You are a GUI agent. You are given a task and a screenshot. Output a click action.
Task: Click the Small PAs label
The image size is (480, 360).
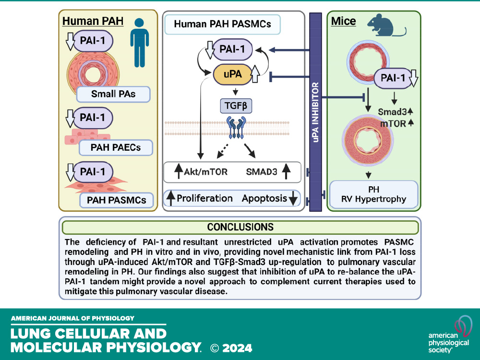tap(113, 93)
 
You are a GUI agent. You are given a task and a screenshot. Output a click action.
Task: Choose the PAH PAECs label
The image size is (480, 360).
tap(115, 147)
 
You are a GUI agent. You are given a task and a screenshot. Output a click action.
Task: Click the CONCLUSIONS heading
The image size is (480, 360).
tap(240, 227)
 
